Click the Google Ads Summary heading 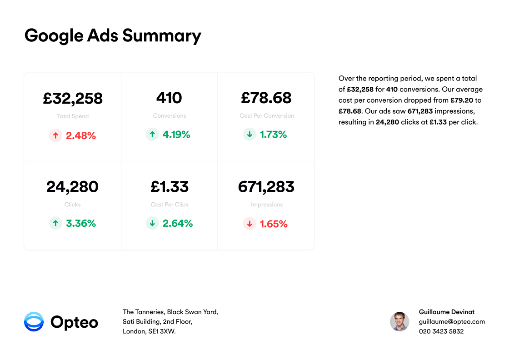(x=113, y=35)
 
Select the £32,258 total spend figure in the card (x=73, y=98)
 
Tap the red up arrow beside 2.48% (x=55, y=135)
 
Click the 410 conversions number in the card (x=169, y=98)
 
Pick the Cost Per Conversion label (x=267, y=116)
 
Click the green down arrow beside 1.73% (x=250, y=135)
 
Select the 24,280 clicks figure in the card (x=73, y=187)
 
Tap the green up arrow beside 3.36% (x=55, y=223)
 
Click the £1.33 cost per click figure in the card (x=170, y=187)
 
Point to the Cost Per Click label (x=170, y=205)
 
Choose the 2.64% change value (x=178, y=223)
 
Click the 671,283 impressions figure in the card (x=266, y=187)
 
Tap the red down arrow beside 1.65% (x=250, y=224)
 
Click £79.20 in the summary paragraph (x=463, y=100)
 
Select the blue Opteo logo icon (x=34, y=322)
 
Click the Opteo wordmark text (x=74, y=322)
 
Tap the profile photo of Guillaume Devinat (x=399, y=321)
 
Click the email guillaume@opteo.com (x=452, y=322)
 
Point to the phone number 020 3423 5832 (x=441, y=331)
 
